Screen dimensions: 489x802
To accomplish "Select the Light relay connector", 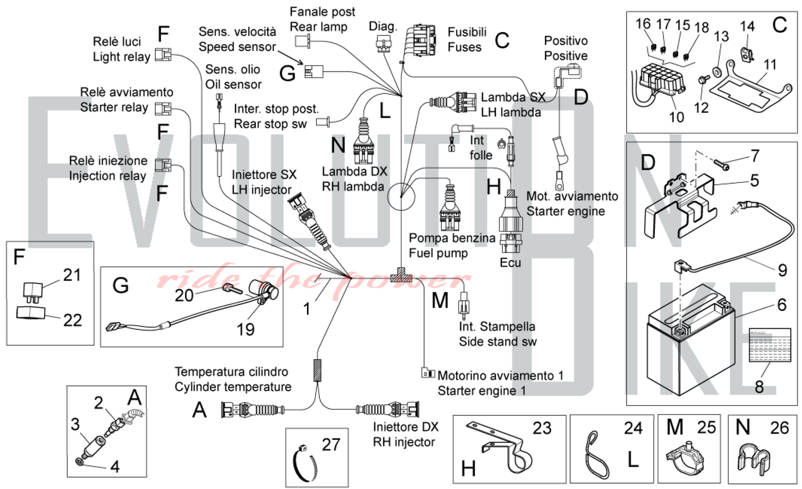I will click(x=163, y=55).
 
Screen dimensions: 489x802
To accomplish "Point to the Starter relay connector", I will click(x=163, y=109).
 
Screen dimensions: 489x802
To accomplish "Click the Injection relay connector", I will click(x=163, y=165).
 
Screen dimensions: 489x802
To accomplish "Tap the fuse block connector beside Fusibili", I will click(x=421, y=40).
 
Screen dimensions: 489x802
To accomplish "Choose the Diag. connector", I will click(x=384, y=43).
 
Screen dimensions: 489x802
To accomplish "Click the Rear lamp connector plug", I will click(x=303, y=41).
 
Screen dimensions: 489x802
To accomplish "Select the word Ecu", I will click(x=510, y=263).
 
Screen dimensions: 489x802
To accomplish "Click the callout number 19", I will click(x=245, y=329).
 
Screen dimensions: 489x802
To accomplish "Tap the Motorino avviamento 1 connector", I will click(x=428, y=373).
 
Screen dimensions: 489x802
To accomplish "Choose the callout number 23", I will click(x=542, y=428).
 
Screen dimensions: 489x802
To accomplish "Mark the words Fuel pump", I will click(x=438, y=253).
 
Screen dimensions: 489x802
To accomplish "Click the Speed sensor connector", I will click(x=314, y=72).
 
